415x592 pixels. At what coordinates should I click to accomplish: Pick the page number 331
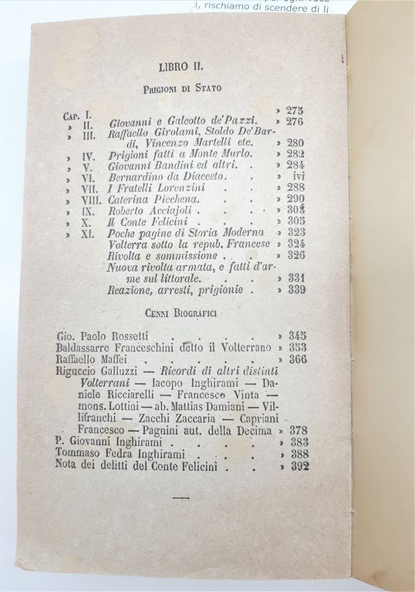297,277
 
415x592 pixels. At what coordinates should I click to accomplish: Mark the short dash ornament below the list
182,499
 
